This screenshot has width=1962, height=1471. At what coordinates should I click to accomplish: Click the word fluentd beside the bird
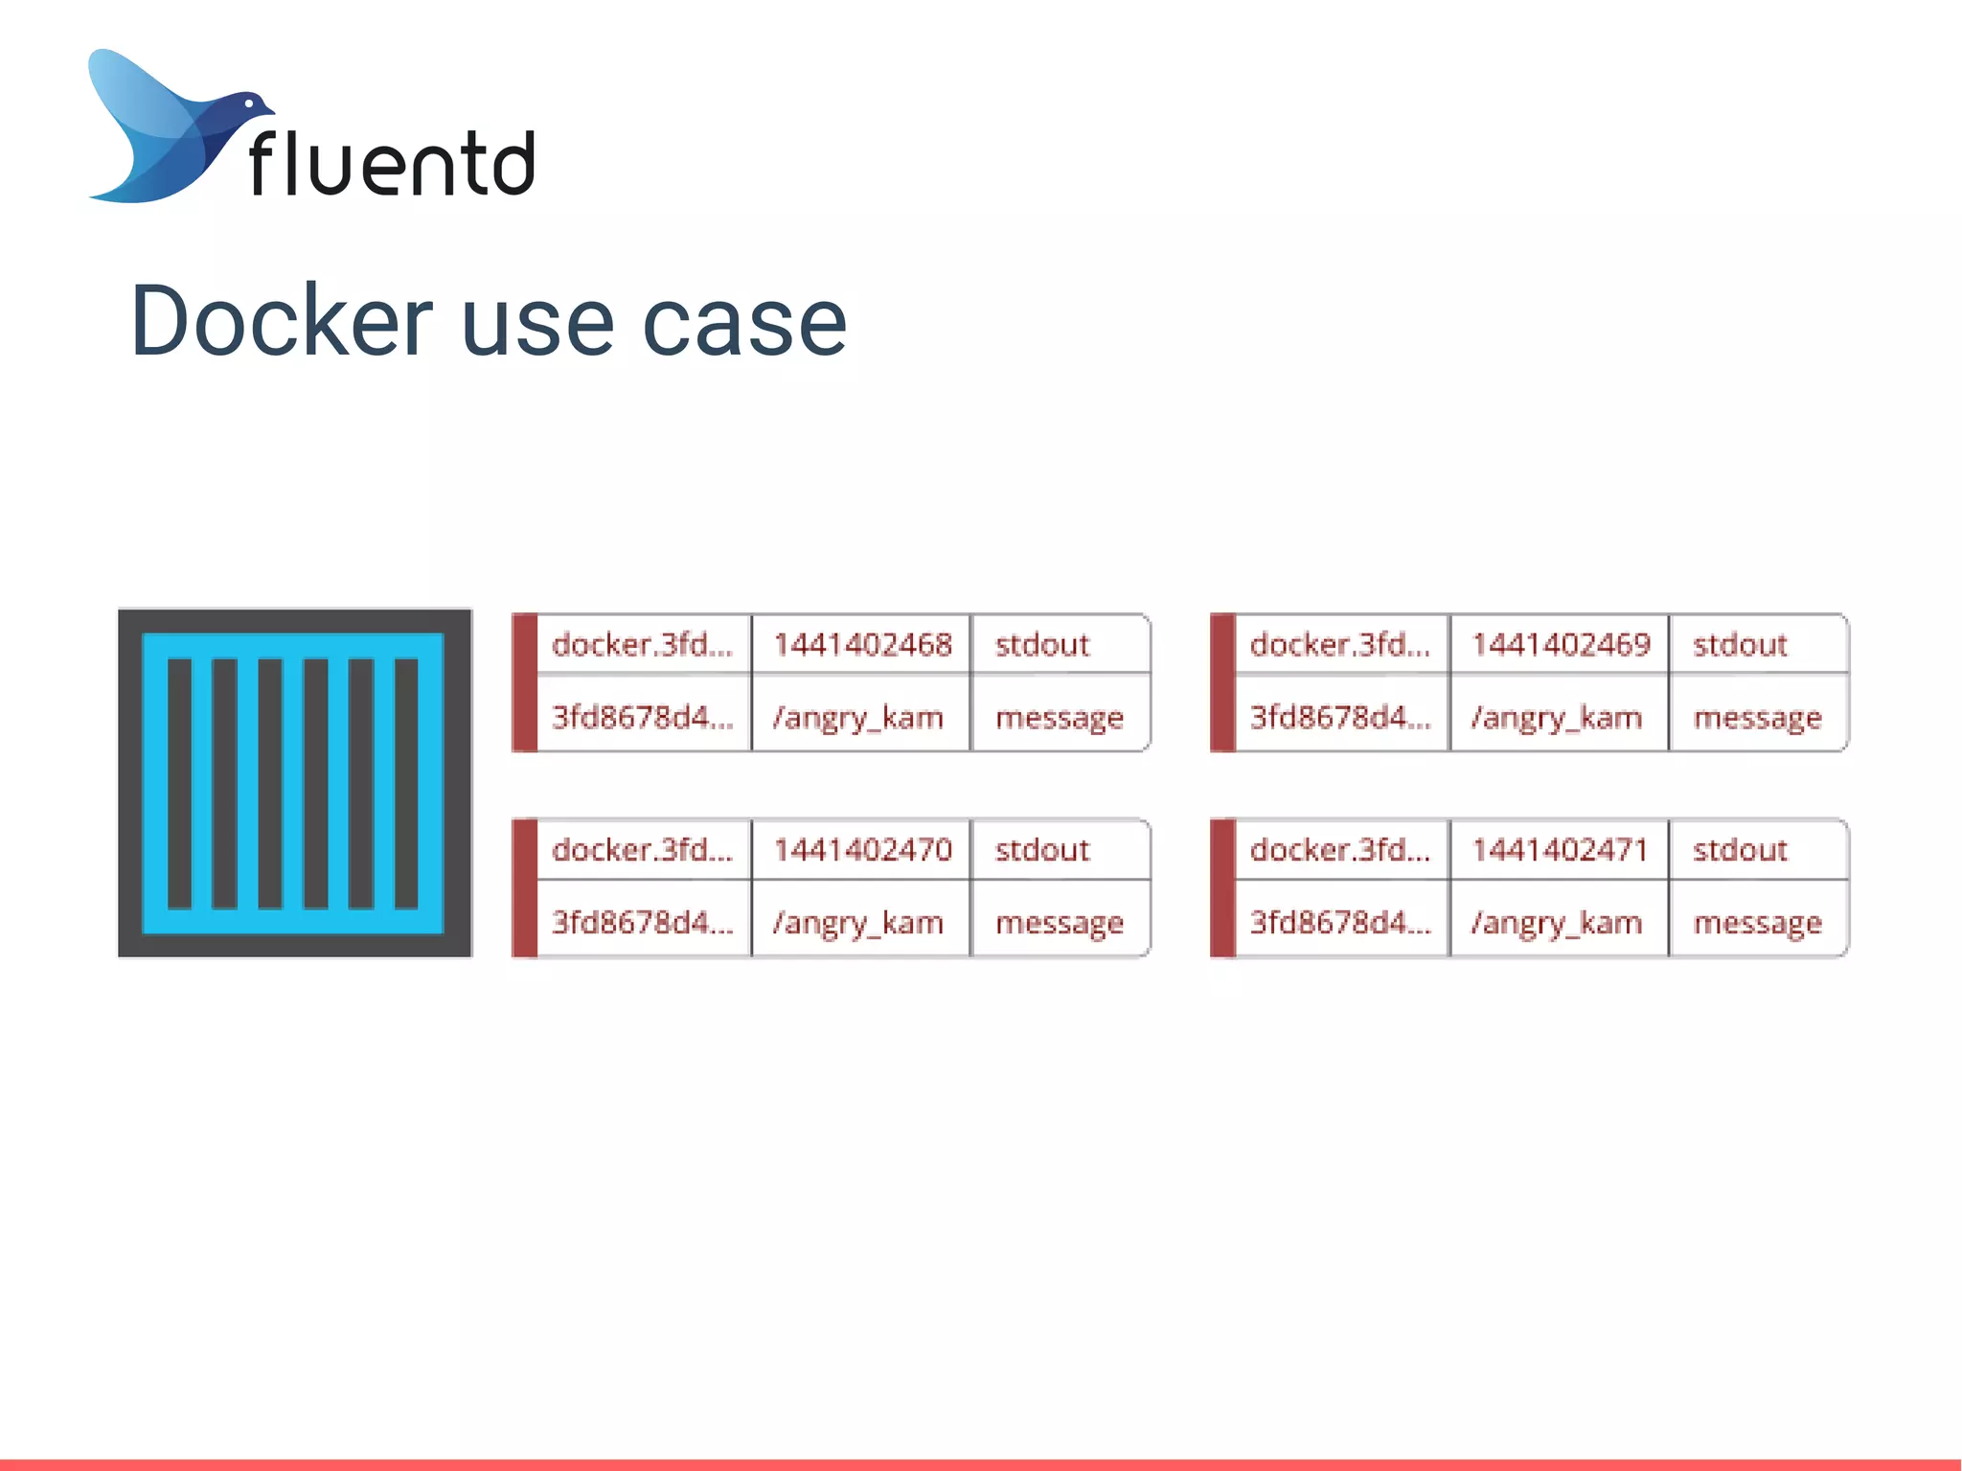(x=391, y=163)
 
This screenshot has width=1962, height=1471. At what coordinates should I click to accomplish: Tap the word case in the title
(x=744, y=323)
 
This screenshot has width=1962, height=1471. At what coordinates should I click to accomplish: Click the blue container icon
(x=294, y=782)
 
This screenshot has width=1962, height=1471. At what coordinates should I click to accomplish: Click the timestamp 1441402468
(x=862, y=645)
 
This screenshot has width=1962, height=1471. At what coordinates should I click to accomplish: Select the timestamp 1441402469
(x=1561, y=645)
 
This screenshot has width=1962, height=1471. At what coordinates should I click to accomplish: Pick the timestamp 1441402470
(x=862, y=850)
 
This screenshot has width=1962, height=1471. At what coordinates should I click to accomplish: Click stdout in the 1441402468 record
(x=1042, y=645)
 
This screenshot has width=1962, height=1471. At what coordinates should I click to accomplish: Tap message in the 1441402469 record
(x=1757, y=718)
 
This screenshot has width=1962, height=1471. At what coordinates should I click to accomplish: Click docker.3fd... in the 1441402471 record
(x=1339, y=850)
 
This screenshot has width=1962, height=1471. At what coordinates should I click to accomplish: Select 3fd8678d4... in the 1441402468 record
(x=642, y=718)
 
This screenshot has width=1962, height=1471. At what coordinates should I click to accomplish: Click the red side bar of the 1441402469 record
(x=1222, y=682)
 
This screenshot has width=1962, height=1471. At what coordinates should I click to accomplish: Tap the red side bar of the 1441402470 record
(x=524, y=887)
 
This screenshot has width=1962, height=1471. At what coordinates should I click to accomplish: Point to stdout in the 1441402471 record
(x=1740, y=850)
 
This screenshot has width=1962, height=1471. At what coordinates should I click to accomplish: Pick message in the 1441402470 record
(x=1059, y=923)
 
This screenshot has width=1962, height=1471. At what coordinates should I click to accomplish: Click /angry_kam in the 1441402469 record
(x=1557, y=718)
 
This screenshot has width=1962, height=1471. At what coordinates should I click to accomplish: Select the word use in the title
(x=537, y=323)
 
